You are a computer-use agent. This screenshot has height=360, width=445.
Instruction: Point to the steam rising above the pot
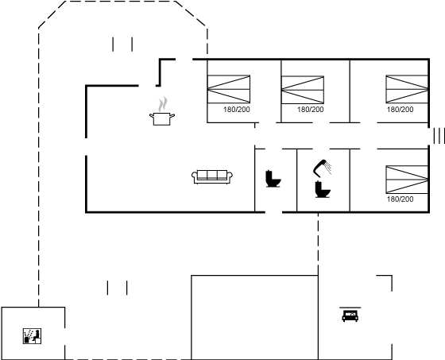pos(163,104)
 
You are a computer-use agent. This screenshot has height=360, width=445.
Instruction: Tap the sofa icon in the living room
pos(212,177)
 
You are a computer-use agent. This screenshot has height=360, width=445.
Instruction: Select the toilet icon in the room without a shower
pos(273,179)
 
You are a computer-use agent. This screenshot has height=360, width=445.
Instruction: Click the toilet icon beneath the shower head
pos(323,189)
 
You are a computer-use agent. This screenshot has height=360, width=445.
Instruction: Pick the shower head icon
pos(322,168)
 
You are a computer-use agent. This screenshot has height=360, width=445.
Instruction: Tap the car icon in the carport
pos(350,316)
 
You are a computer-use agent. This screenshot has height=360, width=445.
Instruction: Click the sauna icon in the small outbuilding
pos(32,336)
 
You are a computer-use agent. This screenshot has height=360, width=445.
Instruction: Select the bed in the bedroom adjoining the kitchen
pos(229,89)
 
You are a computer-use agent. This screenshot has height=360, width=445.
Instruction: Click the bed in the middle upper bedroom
pos(303,90)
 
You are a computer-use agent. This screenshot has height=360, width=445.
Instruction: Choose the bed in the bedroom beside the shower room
pos(407,180)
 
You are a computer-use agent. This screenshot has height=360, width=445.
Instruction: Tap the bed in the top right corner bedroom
pos(407,89)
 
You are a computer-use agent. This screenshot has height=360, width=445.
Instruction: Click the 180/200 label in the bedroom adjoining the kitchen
pos(237,110)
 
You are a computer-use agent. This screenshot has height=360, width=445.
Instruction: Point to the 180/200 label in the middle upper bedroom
pos(311,110)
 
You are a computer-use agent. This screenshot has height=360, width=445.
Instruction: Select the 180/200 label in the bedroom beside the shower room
pos(400,199)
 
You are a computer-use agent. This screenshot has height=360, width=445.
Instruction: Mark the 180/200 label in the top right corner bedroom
pos(400,110)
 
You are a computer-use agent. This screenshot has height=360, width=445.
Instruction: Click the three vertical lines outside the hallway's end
pos(439,136)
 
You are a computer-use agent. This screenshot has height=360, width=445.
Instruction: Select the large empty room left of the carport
pos(254,317)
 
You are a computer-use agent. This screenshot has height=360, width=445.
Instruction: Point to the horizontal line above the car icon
pos(350,308)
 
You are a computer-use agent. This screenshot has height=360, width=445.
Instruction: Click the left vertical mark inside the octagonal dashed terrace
pos(113,45)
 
